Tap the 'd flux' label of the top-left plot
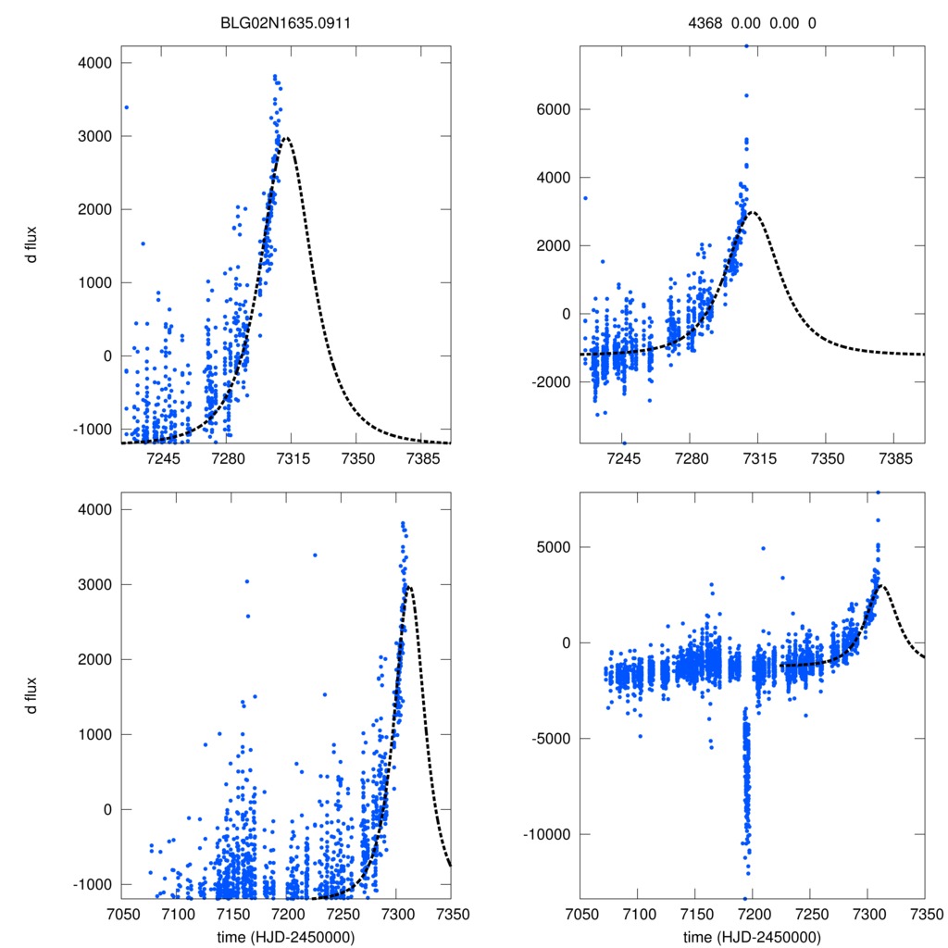[31, 243]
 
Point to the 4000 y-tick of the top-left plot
[95, 63]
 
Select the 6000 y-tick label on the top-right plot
[553, 109]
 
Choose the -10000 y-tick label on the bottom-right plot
[546, 834]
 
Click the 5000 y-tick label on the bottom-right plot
[553, 547]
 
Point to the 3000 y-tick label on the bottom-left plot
[95, 584]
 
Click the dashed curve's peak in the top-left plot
[286, 138]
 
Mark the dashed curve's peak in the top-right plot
[754, 212]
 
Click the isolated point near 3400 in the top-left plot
[126, 107]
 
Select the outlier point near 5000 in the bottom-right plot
[763, 548]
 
